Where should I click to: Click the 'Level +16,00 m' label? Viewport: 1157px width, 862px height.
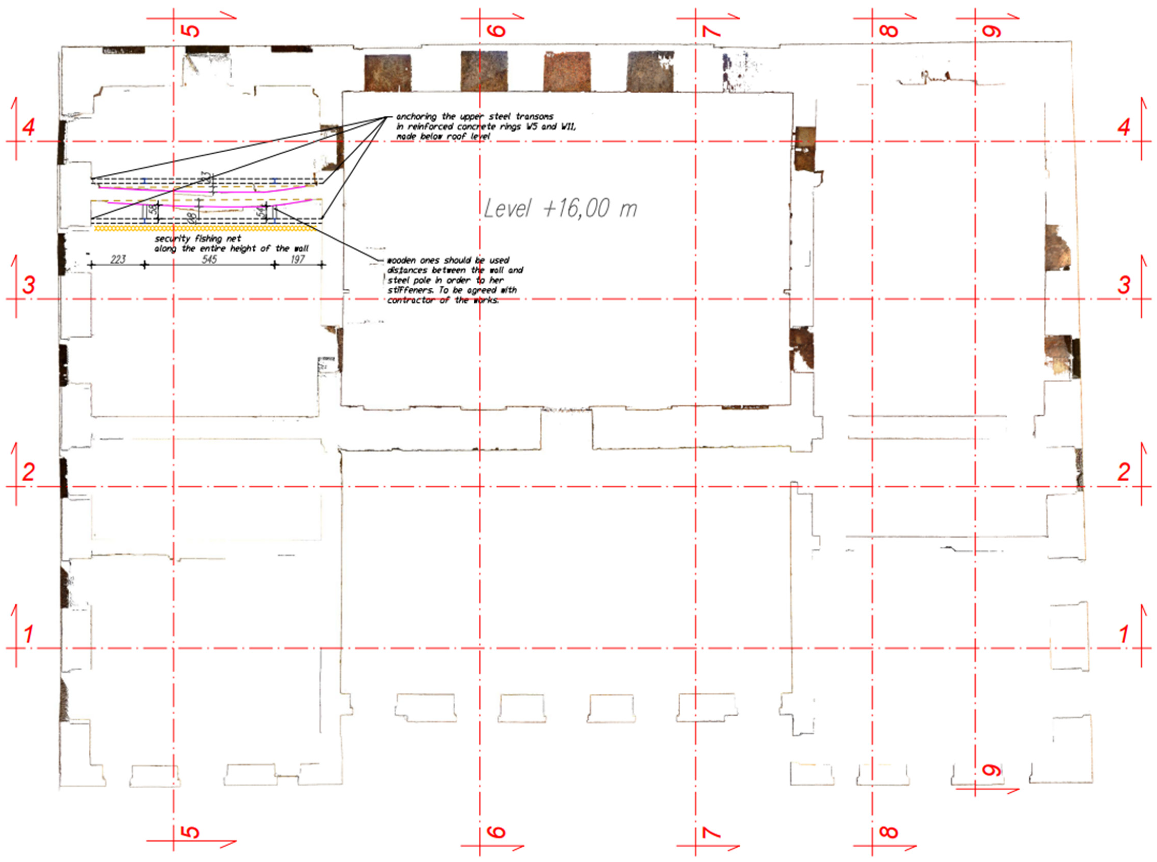pyautogui.click(x=560, y=209)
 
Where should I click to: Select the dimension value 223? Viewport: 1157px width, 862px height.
pyautogui.click(x=118, y=259)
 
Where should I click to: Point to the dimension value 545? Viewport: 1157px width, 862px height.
pyautogui.click(x=209, y=259)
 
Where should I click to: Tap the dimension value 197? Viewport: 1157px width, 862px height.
pyautogui.click(x=298, y=259)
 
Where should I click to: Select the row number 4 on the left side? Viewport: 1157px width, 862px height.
pyautogui.click(x=29, y=127)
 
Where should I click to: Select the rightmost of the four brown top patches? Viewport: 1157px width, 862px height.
pyautogui.click(x=650, y=72)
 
